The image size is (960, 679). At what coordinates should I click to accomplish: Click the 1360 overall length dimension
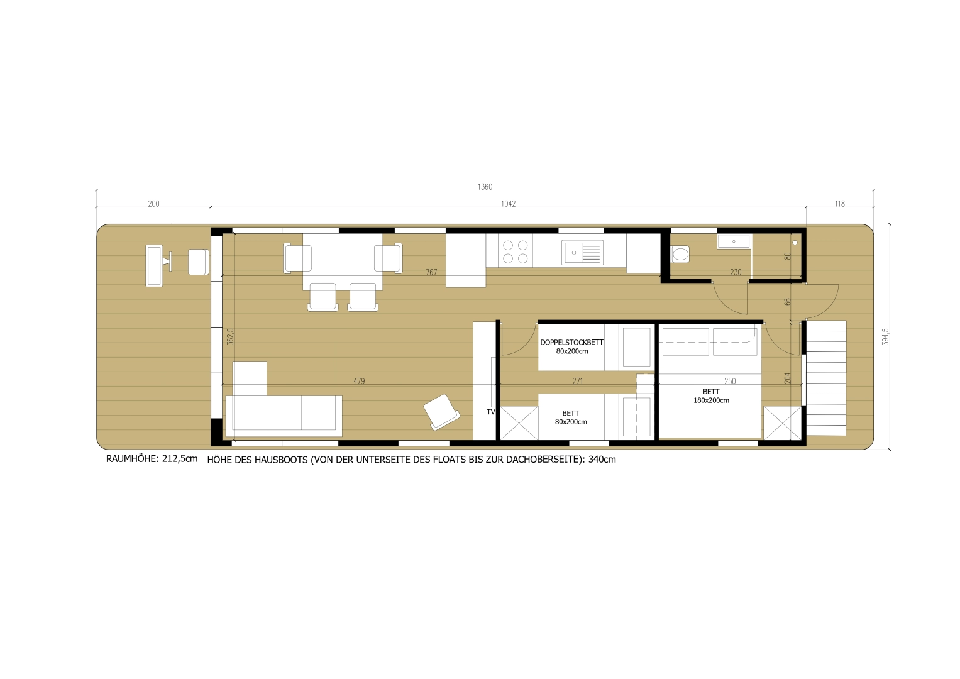point(485,187)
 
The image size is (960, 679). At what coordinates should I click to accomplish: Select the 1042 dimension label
point(508,204)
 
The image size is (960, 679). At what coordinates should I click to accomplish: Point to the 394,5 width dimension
point(885,336)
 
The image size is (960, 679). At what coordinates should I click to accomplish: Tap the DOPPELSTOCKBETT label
point(571,343)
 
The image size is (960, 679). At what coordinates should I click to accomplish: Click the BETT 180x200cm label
point(711,396)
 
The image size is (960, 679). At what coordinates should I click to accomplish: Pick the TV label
point(491,412)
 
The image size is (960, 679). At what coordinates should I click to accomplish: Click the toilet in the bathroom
point(680,254)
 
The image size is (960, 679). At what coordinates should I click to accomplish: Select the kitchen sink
point(582,253)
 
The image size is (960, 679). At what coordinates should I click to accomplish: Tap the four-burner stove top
point(516,251)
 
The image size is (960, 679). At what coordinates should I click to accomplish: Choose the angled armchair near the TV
point(441,412)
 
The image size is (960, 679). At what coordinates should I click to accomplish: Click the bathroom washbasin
point(734,241)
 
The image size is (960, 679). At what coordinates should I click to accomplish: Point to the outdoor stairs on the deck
point(825,378)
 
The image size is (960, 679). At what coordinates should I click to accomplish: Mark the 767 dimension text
point(431,272)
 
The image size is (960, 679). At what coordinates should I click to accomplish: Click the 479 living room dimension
point(359,381)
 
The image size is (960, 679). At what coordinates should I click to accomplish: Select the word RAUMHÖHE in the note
point(133,459)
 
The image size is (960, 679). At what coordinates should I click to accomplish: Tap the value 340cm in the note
point(602,460)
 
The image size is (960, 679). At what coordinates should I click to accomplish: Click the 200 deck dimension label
point(153,204)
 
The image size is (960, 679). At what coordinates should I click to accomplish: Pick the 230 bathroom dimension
point(736,272)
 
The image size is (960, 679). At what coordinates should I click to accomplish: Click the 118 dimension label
point(839,204)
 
